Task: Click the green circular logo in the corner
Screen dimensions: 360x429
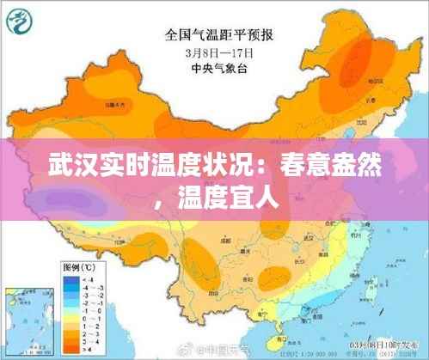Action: coord(22,22)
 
